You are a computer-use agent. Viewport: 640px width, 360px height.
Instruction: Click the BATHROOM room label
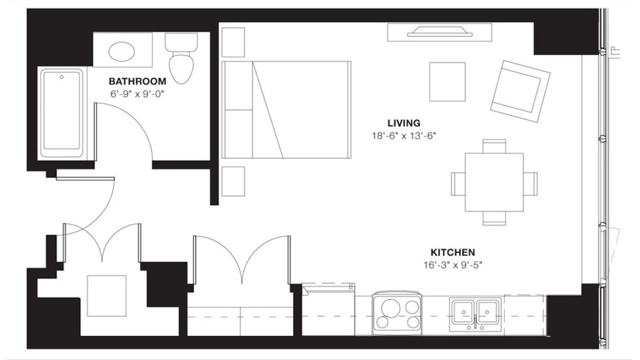[x=137, y=81]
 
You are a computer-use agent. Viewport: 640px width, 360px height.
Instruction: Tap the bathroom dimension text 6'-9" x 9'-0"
[x=137, y=94]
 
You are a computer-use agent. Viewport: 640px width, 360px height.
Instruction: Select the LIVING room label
[x=404, y=123]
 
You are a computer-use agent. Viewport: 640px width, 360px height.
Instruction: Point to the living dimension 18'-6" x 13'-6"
[x=404, y=135]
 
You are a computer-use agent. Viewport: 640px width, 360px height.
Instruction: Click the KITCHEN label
[x=453, y=252]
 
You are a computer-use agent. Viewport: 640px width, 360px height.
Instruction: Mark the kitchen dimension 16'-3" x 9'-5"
[x=453, y=265]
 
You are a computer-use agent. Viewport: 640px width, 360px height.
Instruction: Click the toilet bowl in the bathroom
[x=181, y=68]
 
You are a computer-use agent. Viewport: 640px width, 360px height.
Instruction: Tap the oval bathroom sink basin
[x=121, y=51]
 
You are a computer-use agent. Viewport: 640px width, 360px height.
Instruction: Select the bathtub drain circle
[x=61, y=77]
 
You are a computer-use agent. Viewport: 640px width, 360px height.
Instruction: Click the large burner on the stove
[x=390, y=308]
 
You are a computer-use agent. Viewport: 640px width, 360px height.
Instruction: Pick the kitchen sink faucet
[x=475, y=322]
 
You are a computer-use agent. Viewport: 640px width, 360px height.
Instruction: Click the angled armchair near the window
[x=520, y=91]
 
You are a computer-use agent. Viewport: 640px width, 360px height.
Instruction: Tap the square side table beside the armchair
[x=447, y=81]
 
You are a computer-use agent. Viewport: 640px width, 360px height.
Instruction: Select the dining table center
[x=494, y=182]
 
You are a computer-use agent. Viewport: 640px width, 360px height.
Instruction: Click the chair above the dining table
[x=494, y=146]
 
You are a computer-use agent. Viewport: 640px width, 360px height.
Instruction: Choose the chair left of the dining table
[x=458, y=184]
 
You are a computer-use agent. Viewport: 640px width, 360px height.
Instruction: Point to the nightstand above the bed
[x=233, y=42]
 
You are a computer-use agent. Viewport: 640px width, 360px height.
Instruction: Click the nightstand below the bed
[x=233, y=181]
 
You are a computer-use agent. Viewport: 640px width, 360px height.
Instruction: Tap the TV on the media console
[x=439, y=31]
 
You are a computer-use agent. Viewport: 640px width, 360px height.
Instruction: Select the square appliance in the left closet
[x=106, y=295]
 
